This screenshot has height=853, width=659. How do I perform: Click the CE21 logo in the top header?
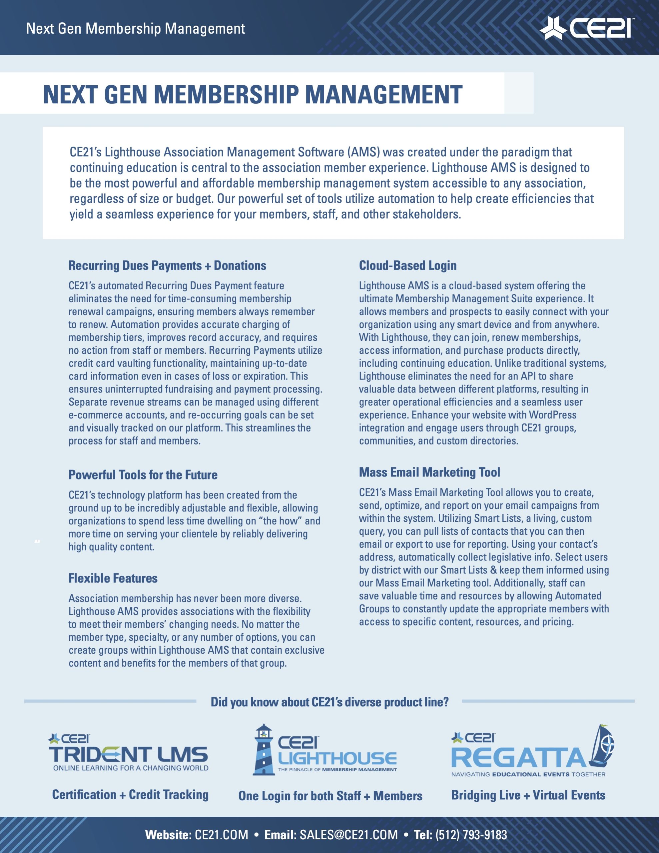586,28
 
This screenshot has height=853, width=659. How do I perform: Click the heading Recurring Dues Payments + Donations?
167,266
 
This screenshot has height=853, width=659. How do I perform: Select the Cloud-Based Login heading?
407,266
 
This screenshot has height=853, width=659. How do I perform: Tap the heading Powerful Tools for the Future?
143,475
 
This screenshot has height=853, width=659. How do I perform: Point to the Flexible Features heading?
113,578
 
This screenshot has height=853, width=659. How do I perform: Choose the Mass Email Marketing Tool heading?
429,472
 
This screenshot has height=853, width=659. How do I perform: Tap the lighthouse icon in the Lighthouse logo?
263,750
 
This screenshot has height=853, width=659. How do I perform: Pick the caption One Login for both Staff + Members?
330,796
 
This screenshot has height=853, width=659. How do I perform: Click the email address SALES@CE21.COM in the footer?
348,835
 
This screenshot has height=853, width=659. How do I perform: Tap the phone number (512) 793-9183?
471,835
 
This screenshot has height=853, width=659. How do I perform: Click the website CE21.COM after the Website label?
222,835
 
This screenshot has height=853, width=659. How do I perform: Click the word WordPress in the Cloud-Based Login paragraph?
552,415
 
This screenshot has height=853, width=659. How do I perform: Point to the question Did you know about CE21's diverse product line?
329,702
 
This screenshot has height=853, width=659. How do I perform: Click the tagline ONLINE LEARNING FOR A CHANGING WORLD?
131,768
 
